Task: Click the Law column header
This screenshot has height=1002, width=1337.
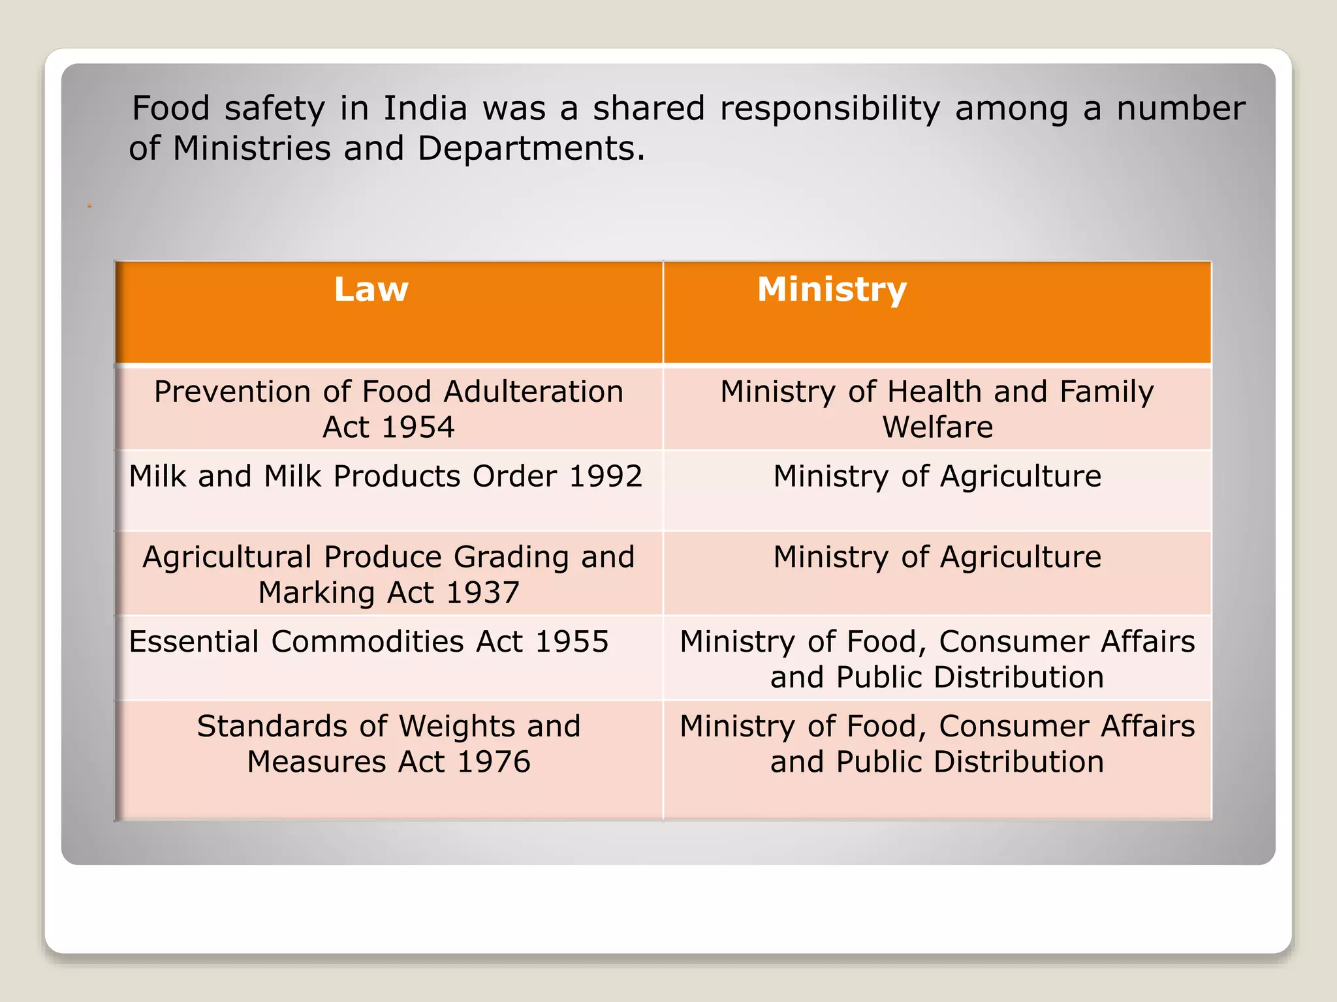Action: pyautogui.click(x=371, y=290)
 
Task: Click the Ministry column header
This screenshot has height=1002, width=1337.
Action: pyautogui.click(x=832, y=290)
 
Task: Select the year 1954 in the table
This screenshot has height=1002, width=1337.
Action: pyautogui.click(x=418, y=427)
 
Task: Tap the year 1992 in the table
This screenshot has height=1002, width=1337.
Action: pyautogui.click(x=605, y=476)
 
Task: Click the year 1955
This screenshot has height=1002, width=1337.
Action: pyautogui.click(x=571, y=642)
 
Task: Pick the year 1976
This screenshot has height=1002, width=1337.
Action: pyautogui.click(x=494, y=762)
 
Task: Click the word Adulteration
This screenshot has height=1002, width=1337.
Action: pyautogui.click(x=533, y=392)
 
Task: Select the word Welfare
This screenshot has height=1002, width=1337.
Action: pyautogui.click(x=937, y=427)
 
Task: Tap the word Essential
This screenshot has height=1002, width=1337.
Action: pyautogui.click(x=194, y=642)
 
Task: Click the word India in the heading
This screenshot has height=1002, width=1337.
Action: pyautogui.click(x=425, y=108)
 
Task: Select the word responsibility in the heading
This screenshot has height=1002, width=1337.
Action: pyautogui.click(x=830, y=110)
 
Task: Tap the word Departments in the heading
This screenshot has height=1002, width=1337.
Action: pyautogui.click(x=526, y=149)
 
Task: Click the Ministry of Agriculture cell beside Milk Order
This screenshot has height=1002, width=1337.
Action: pyautogui.click(x=937, y=477)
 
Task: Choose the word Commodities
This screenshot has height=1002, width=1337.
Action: pyautogui.click(x=368, y=642)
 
